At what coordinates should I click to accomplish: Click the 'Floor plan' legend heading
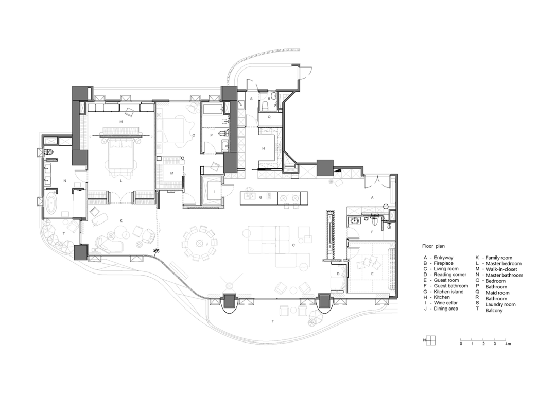click(437, 247)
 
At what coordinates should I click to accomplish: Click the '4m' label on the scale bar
click(508, 343)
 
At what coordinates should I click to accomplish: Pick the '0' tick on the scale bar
click(461, 343)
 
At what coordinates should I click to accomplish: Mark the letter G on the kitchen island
click(260, 197)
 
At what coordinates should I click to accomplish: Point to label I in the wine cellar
click(214, 191)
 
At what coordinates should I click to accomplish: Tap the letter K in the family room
click(121, 220)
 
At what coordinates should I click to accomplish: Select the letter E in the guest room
click(372, 274)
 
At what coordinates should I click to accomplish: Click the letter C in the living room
click(294, 245)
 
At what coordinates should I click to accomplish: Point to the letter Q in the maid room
click(268, 117)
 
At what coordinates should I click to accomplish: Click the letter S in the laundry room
click(251, 98)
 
